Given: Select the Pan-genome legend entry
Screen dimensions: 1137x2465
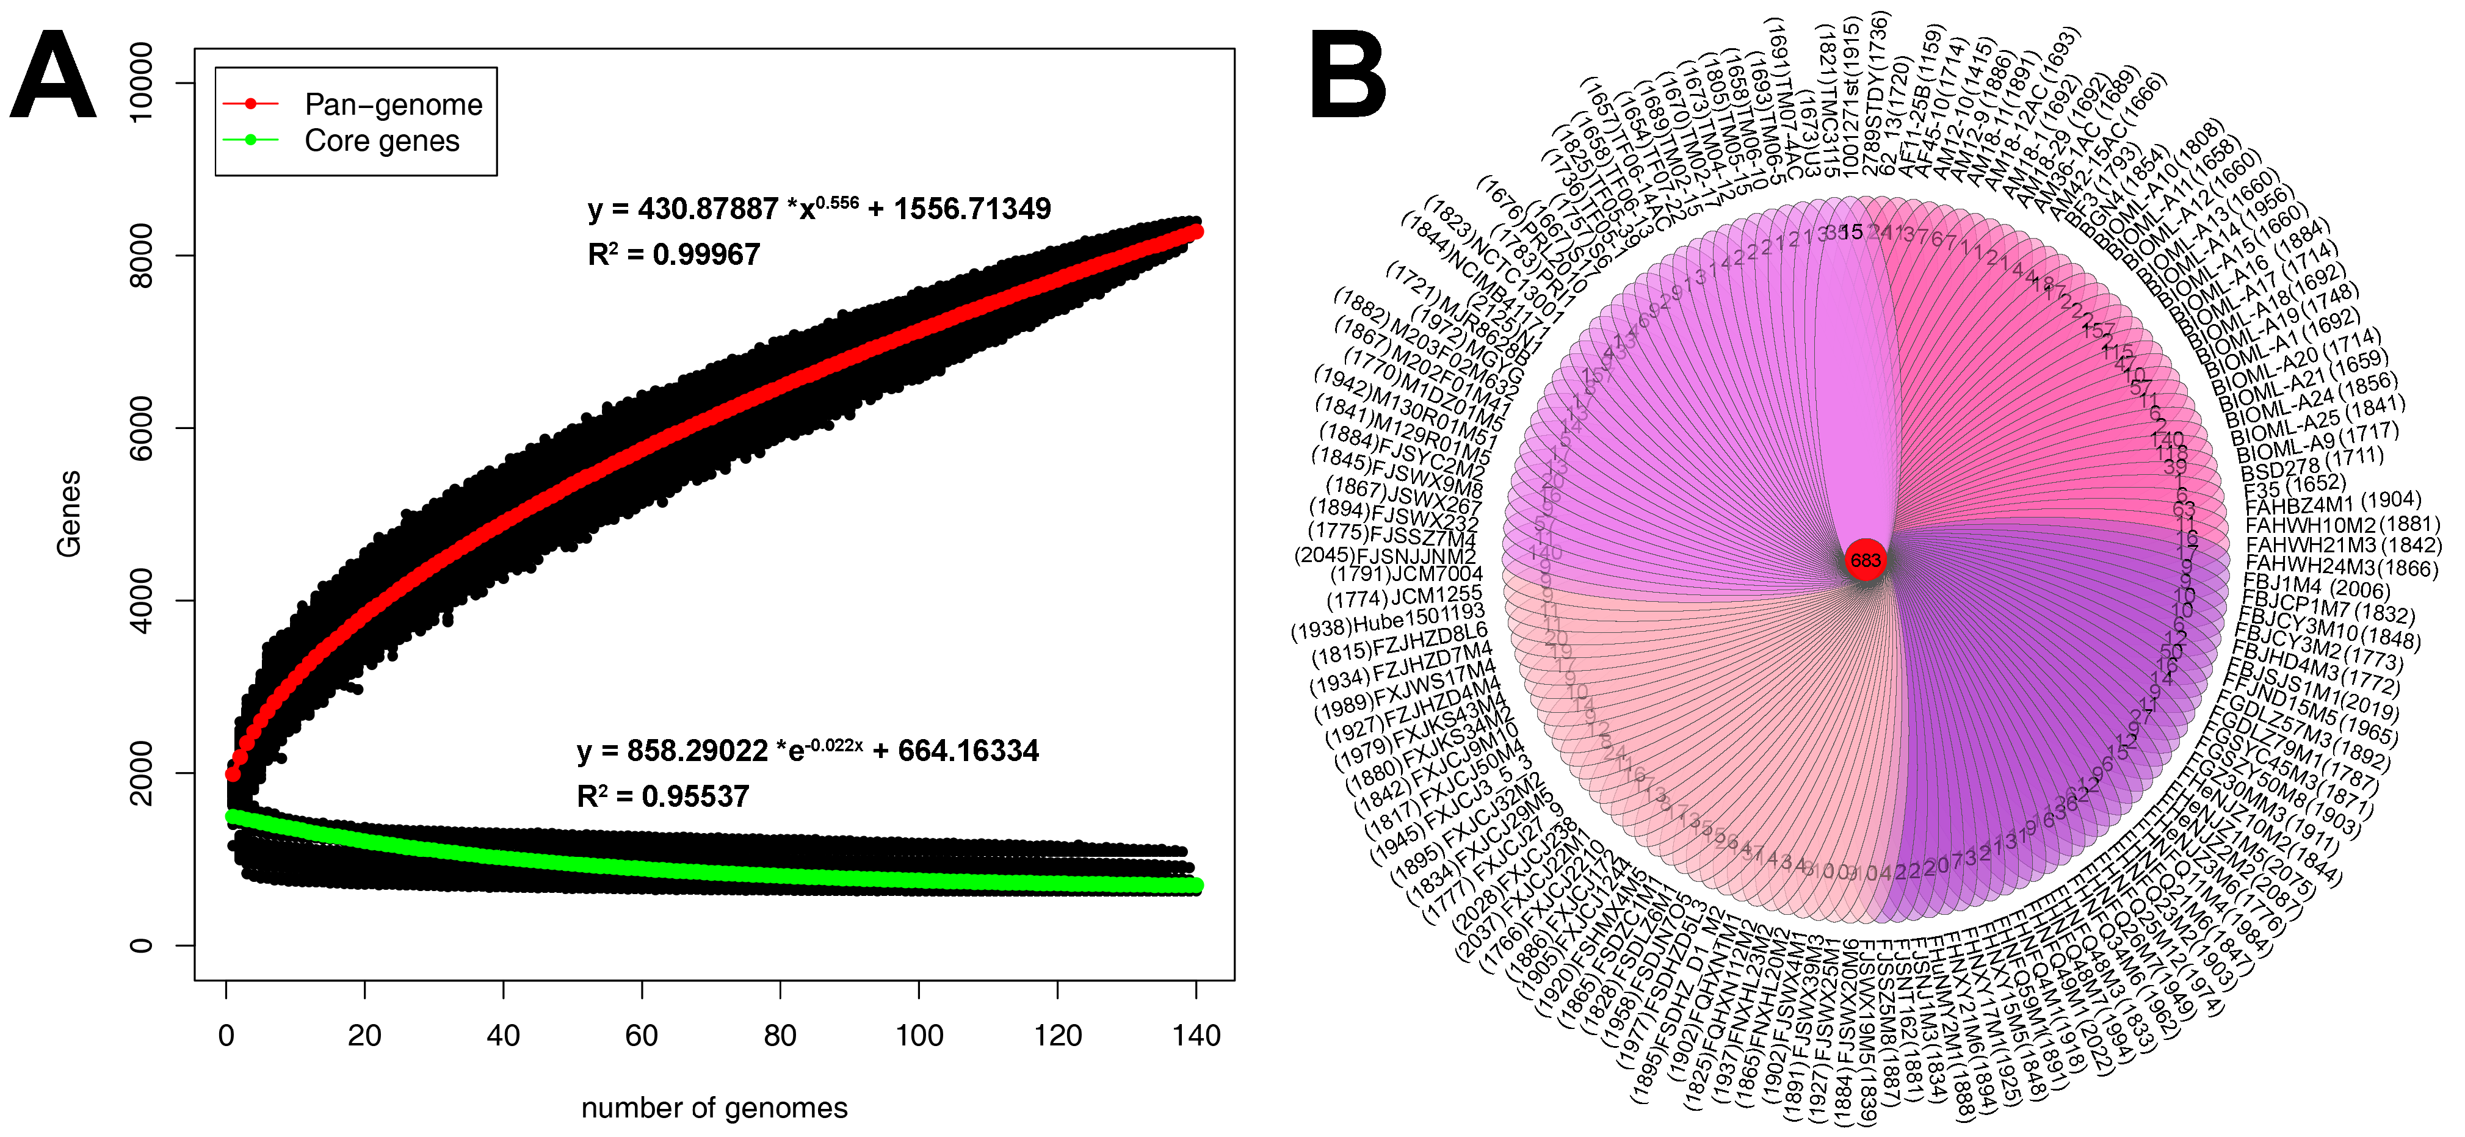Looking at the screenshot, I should (x=393, y=104).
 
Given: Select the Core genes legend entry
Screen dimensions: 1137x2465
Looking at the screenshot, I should (x=381, y=141).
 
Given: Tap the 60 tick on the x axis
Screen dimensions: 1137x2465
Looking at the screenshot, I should (x=641, y=1036).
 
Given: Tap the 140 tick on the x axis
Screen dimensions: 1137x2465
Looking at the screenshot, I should (x=1195, y=1036).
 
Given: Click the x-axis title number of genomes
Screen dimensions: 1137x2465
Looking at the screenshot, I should (x=714, y=1108).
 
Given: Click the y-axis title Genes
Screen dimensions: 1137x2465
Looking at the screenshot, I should (x=69, y=514).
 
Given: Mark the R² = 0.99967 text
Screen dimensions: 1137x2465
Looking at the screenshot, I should (x=674, y=254).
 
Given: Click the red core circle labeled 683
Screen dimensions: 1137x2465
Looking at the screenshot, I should (x=1865, y=560).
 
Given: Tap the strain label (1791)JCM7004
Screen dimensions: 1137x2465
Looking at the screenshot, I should (x=1406, y=575).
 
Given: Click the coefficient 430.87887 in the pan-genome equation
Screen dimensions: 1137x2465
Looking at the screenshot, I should (x=708, y=209).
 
